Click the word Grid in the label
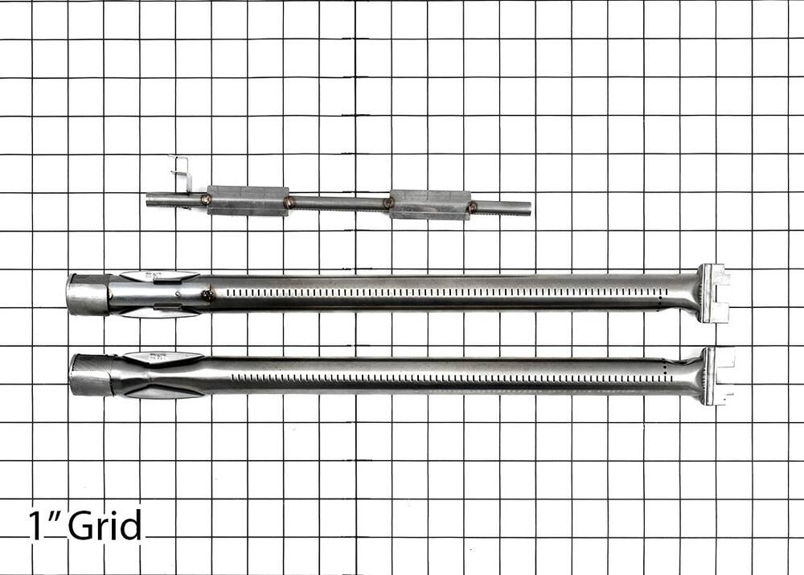click(105, 524)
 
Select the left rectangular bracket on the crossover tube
click(248, 200)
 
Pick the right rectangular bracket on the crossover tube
click(429, 204)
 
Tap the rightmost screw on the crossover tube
click(472, 207)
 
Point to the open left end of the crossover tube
click(149, 199)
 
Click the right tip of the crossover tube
click(529, 208)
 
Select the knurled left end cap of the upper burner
click(88, 294)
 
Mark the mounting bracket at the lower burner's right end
click(719, 376)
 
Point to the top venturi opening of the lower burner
click(162, 356)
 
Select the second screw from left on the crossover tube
click(289, 201)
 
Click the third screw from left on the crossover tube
click(388, 203)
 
